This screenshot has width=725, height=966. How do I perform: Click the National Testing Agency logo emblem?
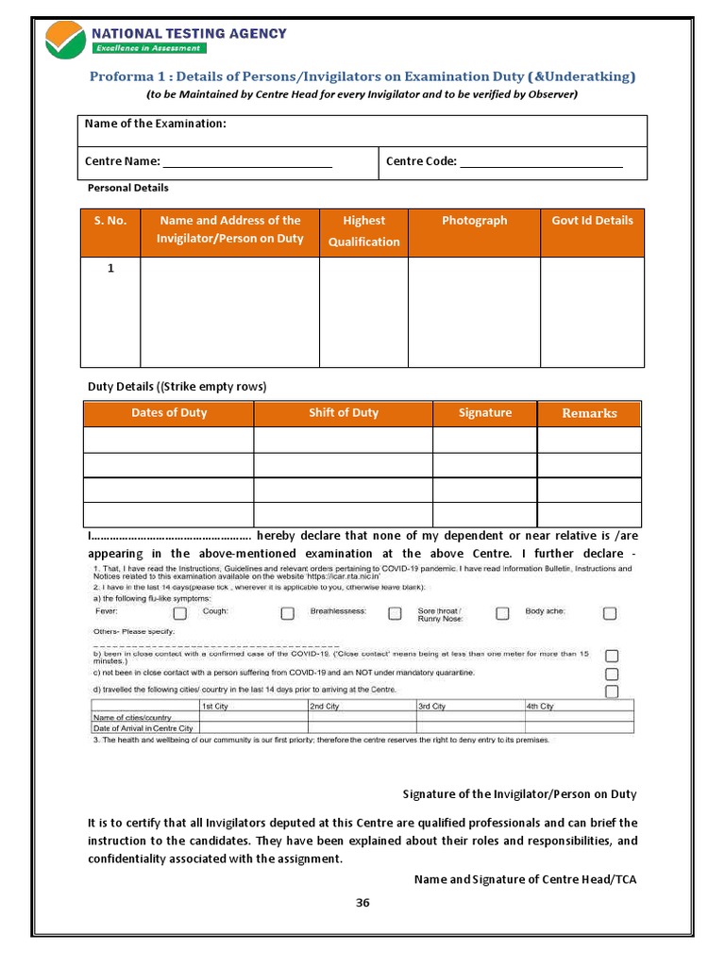click(x=65, y=40)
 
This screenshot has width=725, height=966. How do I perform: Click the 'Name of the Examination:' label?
click(x=156, y=124)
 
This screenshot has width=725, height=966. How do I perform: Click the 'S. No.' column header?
click(x=110, y=221)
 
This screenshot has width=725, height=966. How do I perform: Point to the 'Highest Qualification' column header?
click(x=363, y=231)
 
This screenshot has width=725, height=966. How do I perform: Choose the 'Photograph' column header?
click(x=474, y=221)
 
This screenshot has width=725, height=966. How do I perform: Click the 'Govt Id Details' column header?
click(x=592, y=221)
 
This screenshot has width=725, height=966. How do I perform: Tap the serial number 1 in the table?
click(x=110, y=269)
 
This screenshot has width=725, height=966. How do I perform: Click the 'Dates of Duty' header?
click(x=169, y=413)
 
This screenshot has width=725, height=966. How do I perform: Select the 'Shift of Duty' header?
click(x=344, y=413)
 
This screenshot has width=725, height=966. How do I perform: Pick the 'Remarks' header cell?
click(x=589, y=413)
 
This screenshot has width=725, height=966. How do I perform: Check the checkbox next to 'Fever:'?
click(x=179, y=613)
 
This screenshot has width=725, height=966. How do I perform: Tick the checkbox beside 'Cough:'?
click(x=287, y=613)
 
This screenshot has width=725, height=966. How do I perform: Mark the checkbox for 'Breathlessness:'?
click(x=396, y=613)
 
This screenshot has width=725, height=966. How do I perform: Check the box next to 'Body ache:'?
click(x=610, y=613)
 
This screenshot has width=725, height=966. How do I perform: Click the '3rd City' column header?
click(x=433, y=706)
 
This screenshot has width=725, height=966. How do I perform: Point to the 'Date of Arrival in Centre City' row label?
click(x=143, y=728)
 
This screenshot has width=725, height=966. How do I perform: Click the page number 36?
click(x=362, y=903)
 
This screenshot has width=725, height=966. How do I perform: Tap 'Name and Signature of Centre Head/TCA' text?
click(x=526, y=879)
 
